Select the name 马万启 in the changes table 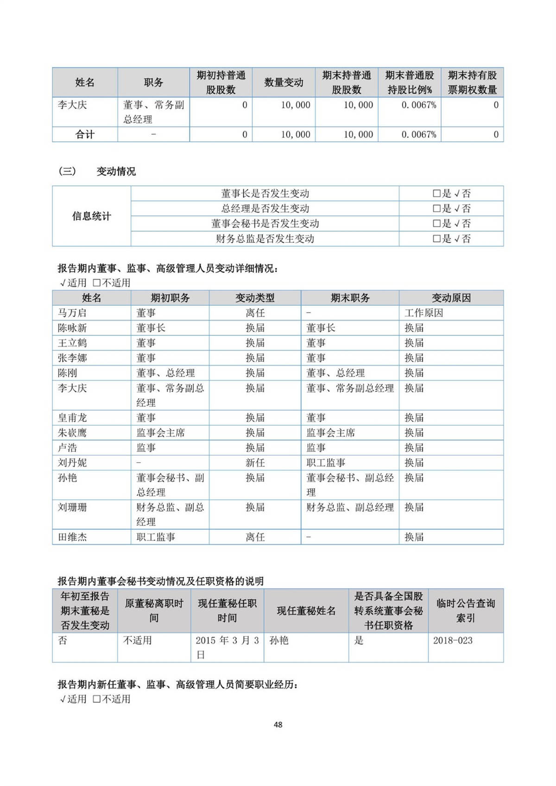point(72,313)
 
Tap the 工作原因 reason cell point(423,313)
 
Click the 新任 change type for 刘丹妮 point(255,463)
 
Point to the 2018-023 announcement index point(453,641)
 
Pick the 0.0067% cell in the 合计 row point(418,135)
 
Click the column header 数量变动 point(284,82)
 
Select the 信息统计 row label point(91,216)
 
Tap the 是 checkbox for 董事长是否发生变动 point(436,194)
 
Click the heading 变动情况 point(116,171)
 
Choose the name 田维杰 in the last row point(72,537)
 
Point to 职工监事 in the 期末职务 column point(326,463)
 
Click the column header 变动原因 point(451,298)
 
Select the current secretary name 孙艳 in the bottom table point(279,641)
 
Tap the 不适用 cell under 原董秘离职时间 point(137,641)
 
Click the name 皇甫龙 point(72,418)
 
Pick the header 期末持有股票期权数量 point(472,82)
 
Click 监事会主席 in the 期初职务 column point(160,433)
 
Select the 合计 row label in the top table point(85,135)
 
